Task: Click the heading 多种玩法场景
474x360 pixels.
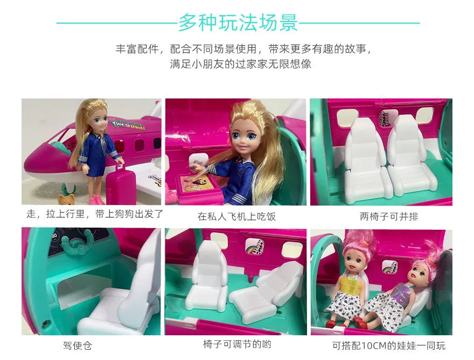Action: [x=238, y=23]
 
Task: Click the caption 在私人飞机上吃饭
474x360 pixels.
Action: [x=236, y=217]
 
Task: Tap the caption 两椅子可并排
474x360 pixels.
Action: [x=381, y=217]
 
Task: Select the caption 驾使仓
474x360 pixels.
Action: [x=73, y=345]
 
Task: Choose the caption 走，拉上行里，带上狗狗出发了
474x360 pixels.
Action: [x=94, y=214]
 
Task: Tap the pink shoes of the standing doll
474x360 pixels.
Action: [x=97, y=200]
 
